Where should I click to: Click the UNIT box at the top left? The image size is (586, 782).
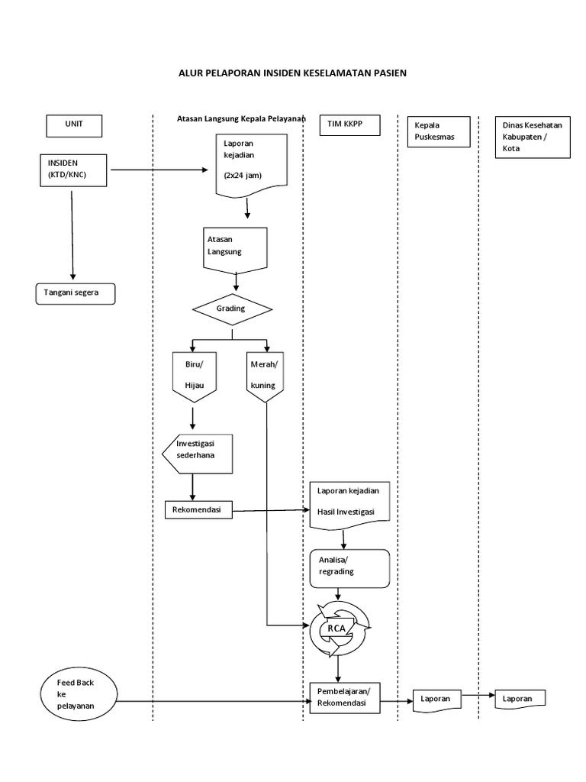click(x=74, y=125)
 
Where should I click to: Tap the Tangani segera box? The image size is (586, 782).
click(x=76, y=293)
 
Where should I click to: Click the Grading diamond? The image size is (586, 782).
click(x=231, y=309)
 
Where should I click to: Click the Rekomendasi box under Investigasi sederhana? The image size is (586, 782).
click(x=198, y=509)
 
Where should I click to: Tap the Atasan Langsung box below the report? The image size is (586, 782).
click(x=236, y=247)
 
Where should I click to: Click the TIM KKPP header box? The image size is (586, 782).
click(x=349, y=124)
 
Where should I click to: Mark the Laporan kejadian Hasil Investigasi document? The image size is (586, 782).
click(x=350, y=504)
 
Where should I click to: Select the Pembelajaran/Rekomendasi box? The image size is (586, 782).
click(x=344, y=696)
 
